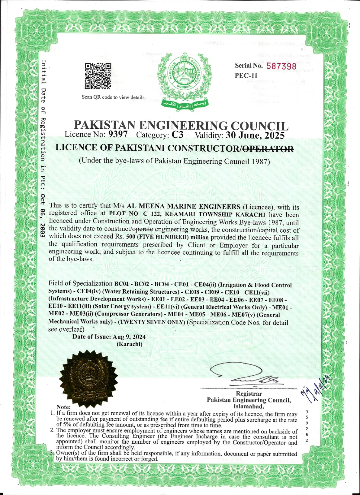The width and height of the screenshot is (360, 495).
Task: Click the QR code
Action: pyautogui.click(x=98, y=76)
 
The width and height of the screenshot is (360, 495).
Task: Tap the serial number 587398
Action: pyautogui.click(x=281, y=66)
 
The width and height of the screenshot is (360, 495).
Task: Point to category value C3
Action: pyautogui.click(x=178, y=135)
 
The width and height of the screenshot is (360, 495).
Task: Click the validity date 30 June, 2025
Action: pyautogui.click(x=255, y=135)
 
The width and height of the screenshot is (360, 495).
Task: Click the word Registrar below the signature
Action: pyautogui.click(x=249, y=394)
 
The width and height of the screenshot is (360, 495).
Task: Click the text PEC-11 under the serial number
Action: pyautogui.click(x=246, y=75)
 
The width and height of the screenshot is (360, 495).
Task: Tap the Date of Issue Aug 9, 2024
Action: pyautogui.click(x=109, y=337)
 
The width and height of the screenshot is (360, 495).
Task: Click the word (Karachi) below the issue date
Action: pyautogui.click(x=129, y=344)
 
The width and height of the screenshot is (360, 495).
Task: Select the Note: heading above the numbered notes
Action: pyautogui.click(x=63, y=407)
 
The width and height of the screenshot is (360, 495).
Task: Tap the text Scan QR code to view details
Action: pyautogui.click(x=114, y=97)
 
